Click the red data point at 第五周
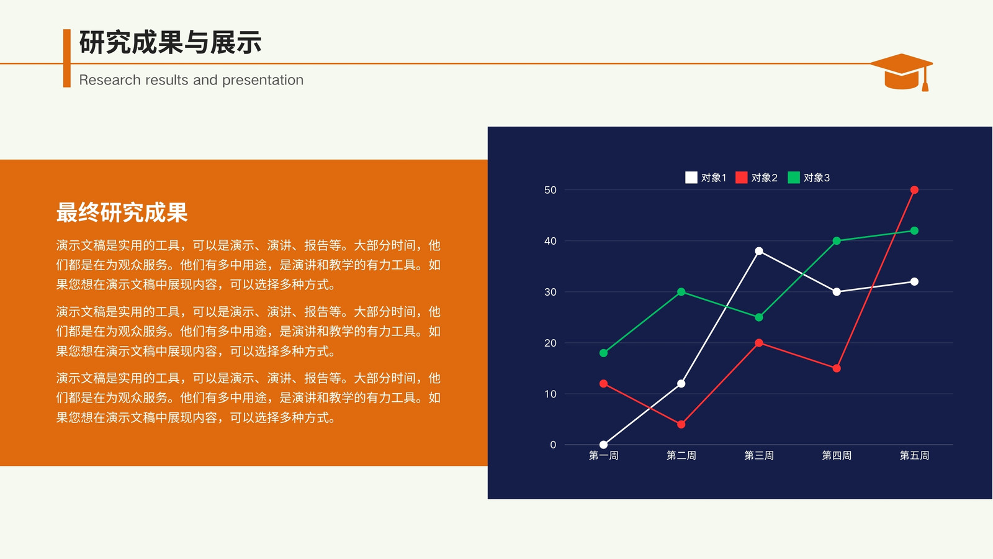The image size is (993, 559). point(914,190)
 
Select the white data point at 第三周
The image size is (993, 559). point(759,251)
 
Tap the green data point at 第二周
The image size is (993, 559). point(681,292)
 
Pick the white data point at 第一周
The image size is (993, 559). point(603,445)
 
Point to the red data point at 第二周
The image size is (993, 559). point(681,425)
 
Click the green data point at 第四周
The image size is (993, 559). point(837,241)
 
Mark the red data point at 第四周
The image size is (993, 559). point(837,368)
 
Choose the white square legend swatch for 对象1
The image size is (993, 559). point(691,178)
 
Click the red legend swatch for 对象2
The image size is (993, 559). point(741,178)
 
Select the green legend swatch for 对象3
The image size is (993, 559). point(794,178)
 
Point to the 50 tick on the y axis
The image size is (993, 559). point(550,190)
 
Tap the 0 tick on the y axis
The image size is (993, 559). point(553,445)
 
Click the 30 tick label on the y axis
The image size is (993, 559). point(550,292)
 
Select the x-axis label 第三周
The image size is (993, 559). point(759,456)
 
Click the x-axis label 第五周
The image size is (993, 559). point(914,456)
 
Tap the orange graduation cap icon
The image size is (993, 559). point(902,72)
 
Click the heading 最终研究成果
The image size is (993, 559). point(122,212)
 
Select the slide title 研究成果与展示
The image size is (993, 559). point(170,43)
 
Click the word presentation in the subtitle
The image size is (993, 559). point(263,80)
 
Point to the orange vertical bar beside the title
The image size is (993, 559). point(67,58)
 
